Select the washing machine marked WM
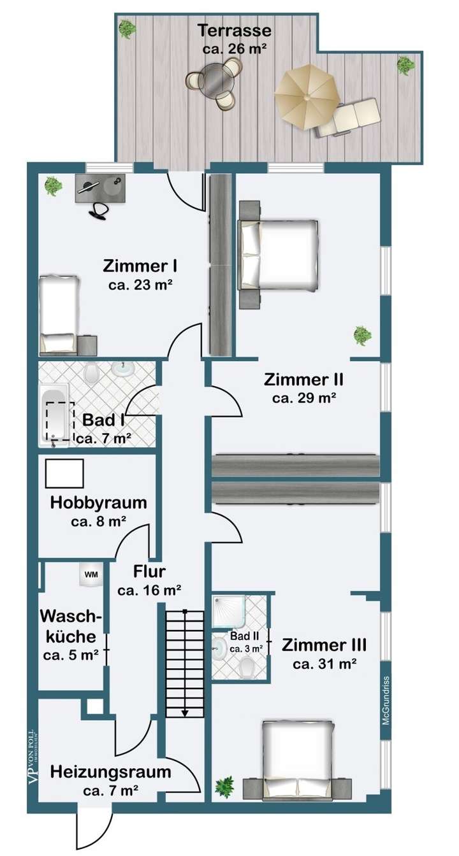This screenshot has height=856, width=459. click(91, 574)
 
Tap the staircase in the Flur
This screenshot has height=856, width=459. click(184, 662)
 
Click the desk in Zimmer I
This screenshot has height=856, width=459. click(102, 188)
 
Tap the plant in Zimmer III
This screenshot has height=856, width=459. click(224, 787)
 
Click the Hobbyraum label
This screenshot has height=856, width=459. click(98, 503)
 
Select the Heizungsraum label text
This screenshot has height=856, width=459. click(111, 773)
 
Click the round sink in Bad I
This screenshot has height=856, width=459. click(120, 368)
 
